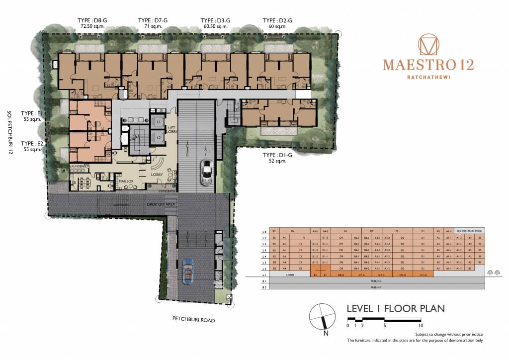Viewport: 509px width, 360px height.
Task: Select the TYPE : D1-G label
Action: tap(277, 155)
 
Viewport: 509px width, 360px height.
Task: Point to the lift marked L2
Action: tap(158, 137)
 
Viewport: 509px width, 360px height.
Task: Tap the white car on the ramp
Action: tap(206, 172)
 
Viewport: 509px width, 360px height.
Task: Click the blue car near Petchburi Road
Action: tap(189, 271)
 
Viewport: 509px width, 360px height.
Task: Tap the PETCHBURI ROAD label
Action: tap(193, 321)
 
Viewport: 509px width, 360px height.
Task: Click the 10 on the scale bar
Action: tap(421, 326)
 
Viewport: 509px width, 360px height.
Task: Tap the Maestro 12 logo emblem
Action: tap(428, 45)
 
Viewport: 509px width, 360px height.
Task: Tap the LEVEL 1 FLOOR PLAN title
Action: tap(396, 309)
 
